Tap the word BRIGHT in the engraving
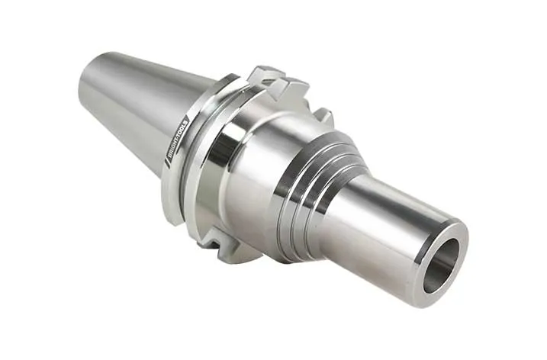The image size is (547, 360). [x=173, y=149]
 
